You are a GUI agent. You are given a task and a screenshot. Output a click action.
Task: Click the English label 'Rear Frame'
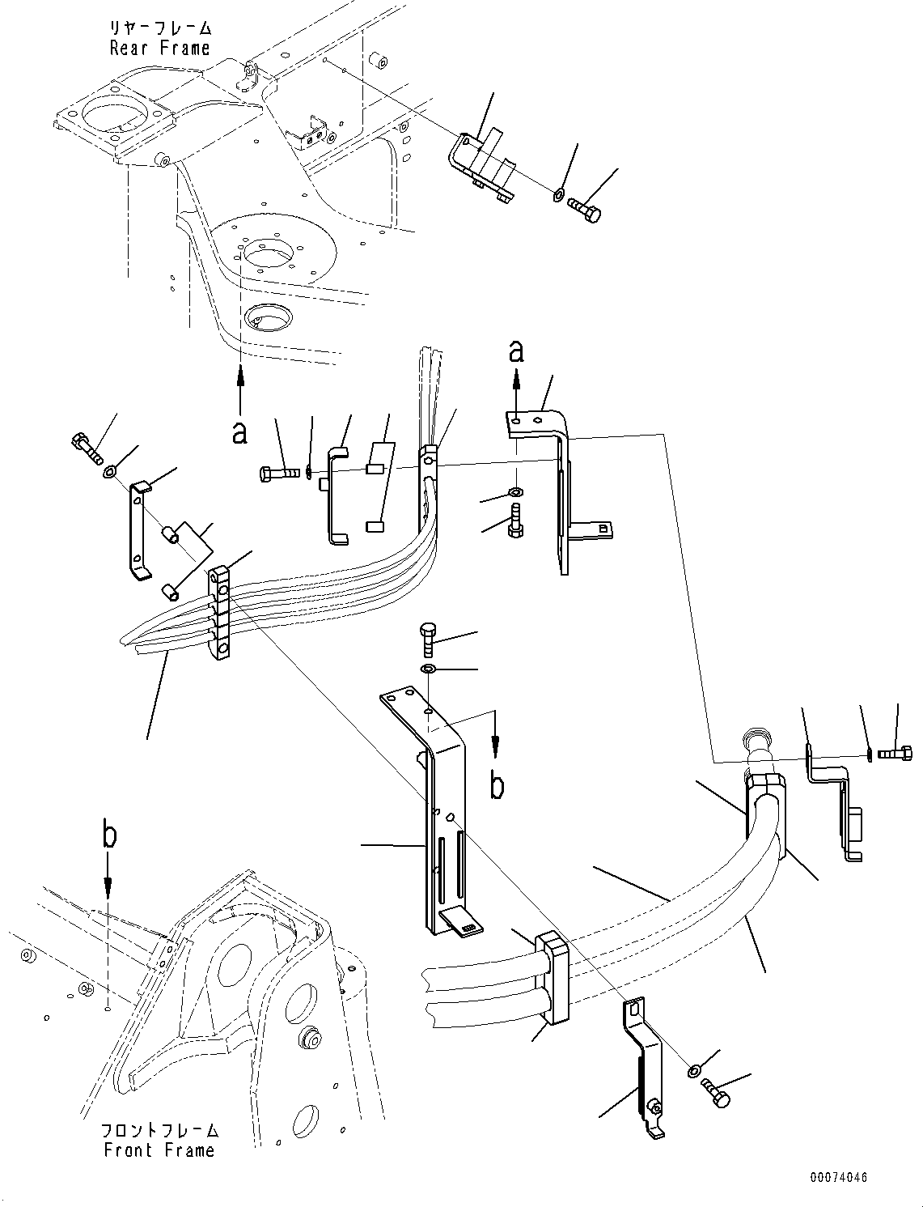pos(159,48)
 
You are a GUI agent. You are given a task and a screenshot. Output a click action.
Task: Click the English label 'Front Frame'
pos(159,1150)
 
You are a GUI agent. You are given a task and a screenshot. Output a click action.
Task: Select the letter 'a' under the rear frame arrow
pos(239,433)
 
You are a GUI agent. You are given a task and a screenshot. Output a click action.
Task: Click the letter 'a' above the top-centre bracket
pos(515,351)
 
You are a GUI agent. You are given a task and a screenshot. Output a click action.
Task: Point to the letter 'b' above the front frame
pos(109,835)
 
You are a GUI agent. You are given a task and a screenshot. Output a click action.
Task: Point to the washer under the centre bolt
pos(428,669)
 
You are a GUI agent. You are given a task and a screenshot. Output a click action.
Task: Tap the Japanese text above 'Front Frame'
pos(159,1130)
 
